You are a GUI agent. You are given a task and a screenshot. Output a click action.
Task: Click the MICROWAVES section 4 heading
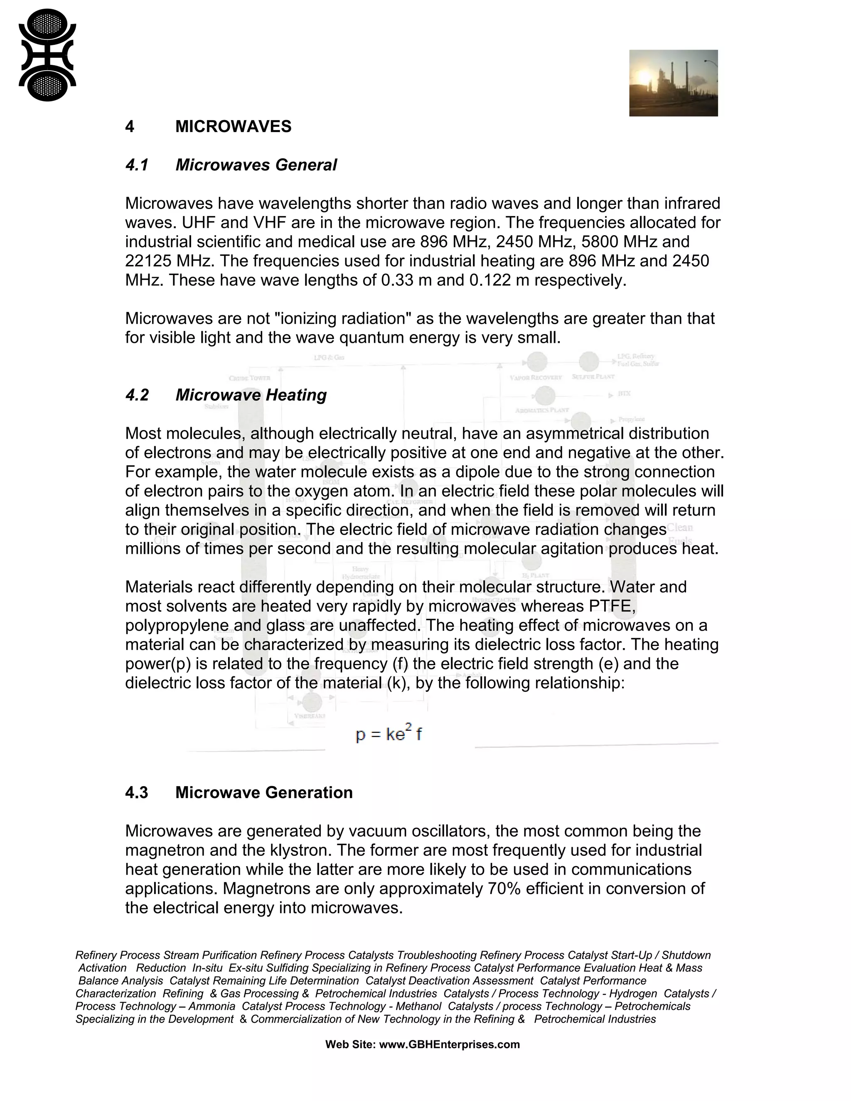tap(233, 127)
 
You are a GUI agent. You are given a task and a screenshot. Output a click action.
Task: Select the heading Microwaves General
tap(256, 165)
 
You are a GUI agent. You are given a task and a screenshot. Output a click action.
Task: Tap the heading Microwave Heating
tap(251, 395)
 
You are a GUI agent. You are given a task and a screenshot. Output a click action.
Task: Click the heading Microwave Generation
tap(264, 792)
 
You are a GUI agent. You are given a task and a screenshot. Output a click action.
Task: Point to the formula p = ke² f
tap(388, 735)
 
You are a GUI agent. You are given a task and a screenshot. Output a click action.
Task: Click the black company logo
tap(47, 55)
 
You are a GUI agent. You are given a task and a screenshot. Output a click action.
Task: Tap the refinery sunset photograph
tap(673, 83)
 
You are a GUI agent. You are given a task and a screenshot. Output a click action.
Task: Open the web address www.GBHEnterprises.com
tap(449, 1044)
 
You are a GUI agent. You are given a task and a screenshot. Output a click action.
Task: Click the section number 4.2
tap(137, 395)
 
